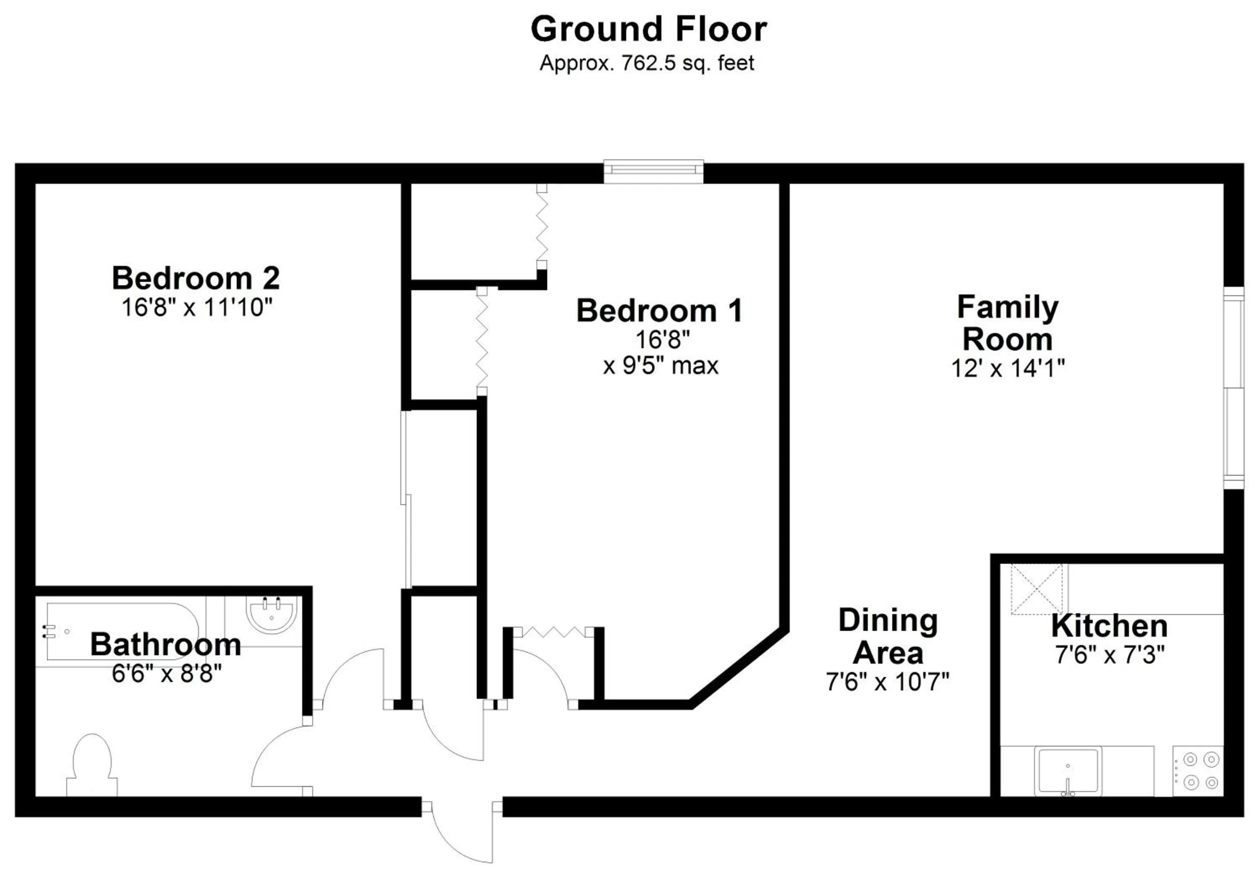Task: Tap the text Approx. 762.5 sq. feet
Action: coord(647,63)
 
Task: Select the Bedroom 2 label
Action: coord(196,278)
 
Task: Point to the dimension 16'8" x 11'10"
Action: coord(197,307)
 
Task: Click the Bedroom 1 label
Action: coord(660,311)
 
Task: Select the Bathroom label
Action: coord(166,644)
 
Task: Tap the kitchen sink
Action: coord(1067,770)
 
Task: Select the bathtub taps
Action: coord(50,632)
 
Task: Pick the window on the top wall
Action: coord(653,172)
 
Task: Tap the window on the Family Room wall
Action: coord(1234,387)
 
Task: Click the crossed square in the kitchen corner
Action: coord(1037,589)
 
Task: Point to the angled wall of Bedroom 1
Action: coord(739,667)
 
